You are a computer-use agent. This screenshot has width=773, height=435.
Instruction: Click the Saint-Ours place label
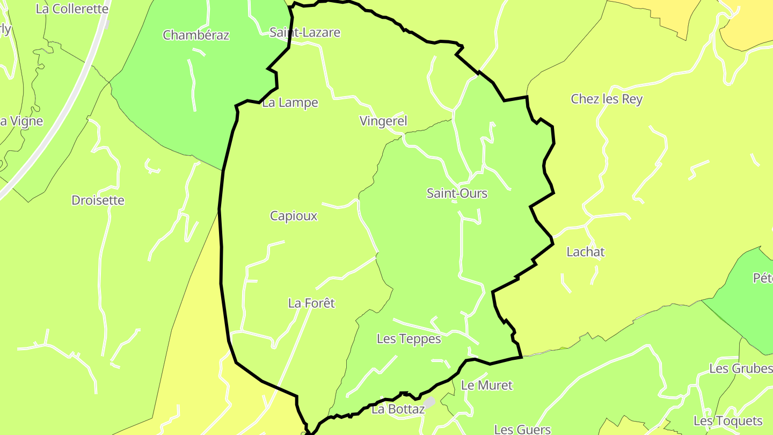pos(457,193)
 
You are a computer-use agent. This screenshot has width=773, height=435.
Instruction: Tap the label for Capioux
pos(294,216)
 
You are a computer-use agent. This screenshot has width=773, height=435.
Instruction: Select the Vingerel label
pos(383,121)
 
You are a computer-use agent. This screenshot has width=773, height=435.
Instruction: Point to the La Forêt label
pos(311,303)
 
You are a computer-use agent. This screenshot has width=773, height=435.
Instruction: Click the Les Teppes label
pos(409,339)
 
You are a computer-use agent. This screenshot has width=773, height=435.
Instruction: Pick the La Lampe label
pos(290,103)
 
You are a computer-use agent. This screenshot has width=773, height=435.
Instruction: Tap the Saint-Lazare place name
pos(305,33)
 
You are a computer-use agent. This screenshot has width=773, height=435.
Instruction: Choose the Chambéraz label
pos(196,35)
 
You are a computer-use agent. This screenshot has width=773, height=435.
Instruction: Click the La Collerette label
pos(72,9)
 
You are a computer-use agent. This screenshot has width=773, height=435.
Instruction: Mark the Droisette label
pos(98,200)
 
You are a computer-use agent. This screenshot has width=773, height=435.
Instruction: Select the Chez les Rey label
pos(607,99)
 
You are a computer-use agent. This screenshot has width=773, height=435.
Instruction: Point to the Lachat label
pos(586,252)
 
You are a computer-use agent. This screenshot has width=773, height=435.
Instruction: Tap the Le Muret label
pos(487,385)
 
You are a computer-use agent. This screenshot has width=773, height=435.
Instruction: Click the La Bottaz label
pos(398,409)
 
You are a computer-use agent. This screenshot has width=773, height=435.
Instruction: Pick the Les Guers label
pos(522,429)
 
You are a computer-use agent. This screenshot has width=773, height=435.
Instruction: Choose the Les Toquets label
pos(728,421)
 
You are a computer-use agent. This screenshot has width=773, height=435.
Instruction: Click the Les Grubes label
pos(741,368)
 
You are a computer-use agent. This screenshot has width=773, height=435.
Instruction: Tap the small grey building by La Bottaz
pos(429,402)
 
